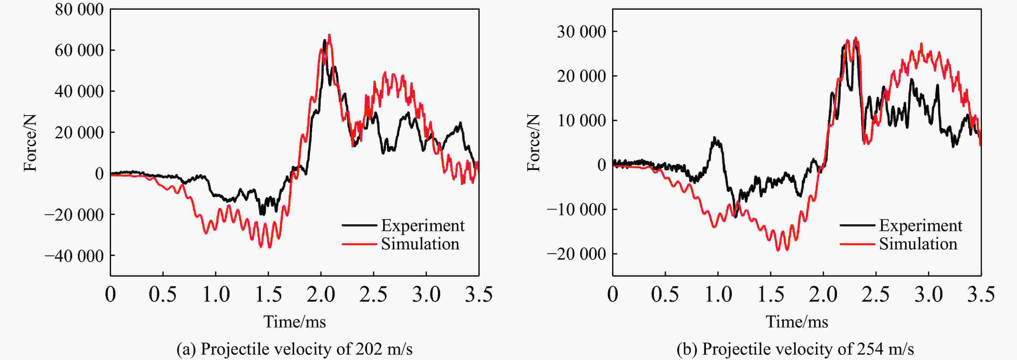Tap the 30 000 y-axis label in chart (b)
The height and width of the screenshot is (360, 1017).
click(581, 31)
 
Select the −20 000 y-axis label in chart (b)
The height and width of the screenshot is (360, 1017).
click(576, 254)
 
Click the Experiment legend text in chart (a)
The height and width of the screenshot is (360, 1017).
click(422, 226)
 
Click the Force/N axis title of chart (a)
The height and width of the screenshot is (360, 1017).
click(30, 143)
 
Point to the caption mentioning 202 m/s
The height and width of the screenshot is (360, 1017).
click(295, 349)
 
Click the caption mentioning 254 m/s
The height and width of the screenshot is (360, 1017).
click(795, 349)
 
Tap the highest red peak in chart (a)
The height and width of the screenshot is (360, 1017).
click(329, 35)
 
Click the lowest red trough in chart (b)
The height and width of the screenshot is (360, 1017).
click(778, 250)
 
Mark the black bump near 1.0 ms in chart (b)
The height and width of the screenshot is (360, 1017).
click(715, 138)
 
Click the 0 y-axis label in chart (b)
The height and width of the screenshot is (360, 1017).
click(601, 165)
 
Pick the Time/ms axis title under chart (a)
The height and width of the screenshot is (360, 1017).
click(295, 322)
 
